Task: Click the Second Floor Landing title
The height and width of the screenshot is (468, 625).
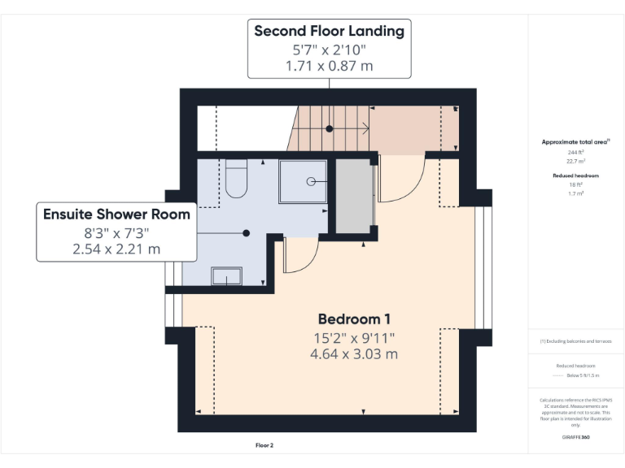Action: click(329, 32)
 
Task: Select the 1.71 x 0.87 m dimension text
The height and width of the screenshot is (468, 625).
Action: click(329, 66)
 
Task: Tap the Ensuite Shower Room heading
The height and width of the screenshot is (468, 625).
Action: click(116, 214)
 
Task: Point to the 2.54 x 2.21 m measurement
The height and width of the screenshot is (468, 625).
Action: click(116, 249)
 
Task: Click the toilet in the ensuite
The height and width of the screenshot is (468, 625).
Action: click(235, 181)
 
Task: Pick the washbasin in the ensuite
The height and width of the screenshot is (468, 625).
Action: click(227, 276)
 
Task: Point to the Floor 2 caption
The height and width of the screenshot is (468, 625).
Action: click(264, 445)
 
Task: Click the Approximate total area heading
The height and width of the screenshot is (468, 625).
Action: click(575, 141)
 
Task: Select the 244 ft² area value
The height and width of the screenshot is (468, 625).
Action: click(575, 152)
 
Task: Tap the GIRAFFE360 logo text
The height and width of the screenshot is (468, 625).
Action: click(575, 437)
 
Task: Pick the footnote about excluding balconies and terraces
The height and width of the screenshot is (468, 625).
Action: click(575, 341)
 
